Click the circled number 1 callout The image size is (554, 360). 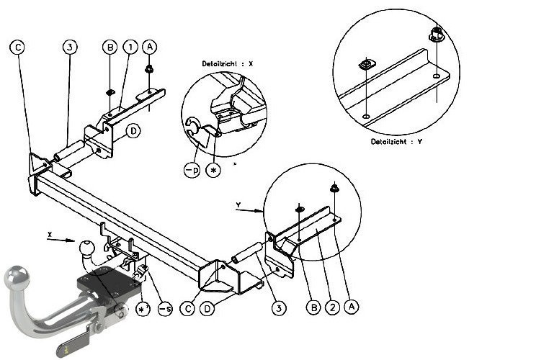point(130,47)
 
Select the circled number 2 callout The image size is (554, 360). point(332,307)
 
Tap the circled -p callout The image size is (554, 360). point(192,171)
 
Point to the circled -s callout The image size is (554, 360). point(166,309)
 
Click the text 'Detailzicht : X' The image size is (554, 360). point(228,64)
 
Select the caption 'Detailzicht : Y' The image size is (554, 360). point(396,142)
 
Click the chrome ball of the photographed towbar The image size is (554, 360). point(17,276)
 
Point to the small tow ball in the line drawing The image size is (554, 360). point(86,247)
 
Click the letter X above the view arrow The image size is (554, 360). point(50,234)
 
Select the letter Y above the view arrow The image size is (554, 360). point(238,205)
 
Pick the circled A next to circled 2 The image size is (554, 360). point(352,306)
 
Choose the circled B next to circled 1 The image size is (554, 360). point(110,47)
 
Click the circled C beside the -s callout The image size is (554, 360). point(187,309)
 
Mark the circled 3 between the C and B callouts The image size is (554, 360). point(70,47)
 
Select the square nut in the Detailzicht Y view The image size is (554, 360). point(367,65)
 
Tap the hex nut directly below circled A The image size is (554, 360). point(149,69)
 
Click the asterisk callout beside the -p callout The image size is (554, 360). point(213,171)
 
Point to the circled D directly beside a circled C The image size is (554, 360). point(207,309)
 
